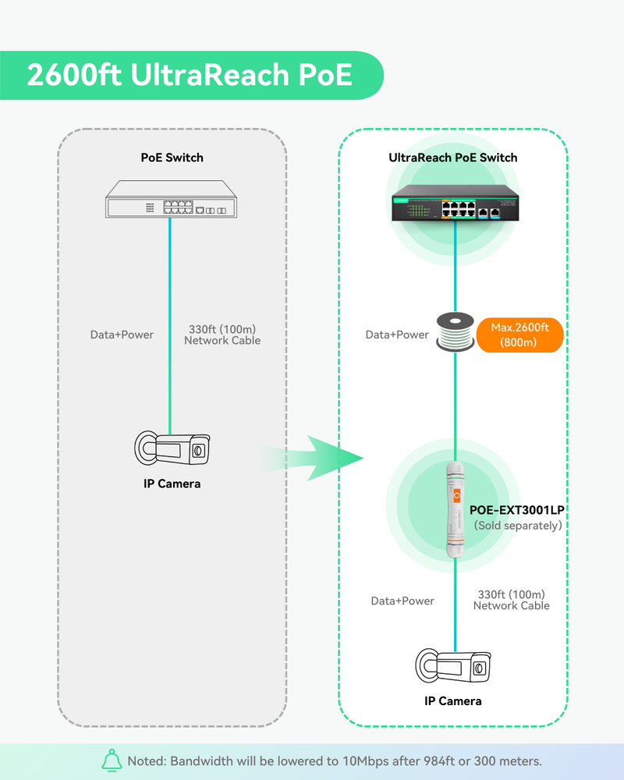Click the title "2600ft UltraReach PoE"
(190, 76)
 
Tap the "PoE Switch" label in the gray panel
(172, 158)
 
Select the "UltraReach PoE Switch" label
(452, 158)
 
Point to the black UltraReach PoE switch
(453, 204)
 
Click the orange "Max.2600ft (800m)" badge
(519, 335)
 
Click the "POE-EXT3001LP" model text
(516, 510)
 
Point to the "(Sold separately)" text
(518, 526)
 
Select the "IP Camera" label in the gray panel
(172, 484)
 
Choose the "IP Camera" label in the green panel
(453, 701)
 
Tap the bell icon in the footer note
(113, 760)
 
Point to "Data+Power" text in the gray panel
(122, 335)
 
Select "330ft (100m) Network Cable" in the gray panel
(222, 335)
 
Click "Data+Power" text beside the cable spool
(397, 335)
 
